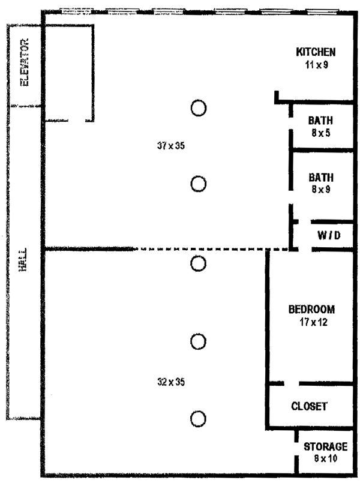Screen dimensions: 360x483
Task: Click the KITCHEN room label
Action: coord(316,52)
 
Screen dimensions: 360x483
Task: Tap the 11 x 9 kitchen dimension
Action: coord(316,64)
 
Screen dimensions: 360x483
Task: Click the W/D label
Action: coord(329,236)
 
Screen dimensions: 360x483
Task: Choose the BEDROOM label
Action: coord(311,310)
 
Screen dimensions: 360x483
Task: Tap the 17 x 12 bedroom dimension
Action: coord(311,322)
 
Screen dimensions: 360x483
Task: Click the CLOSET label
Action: coord(309,406)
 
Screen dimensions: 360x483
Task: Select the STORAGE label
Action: coord(325,447)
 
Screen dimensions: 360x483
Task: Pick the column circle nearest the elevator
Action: coord(199,107)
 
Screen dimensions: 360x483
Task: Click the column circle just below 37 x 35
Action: coord(199,184)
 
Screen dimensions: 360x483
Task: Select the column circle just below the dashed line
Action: coord(199,263)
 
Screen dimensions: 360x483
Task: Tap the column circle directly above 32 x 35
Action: coord(199,341)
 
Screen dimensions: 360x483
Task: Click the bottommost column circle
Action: coord(199,418)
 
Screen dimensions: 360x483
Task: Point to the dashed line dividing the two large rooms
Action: coord(204,249)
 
